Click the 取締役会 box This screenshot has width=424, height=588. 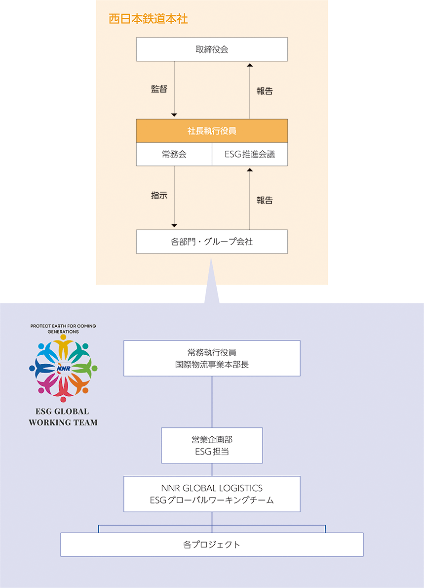pos(212,49)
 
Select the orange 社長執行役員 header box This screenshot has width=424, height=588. pos(212,131)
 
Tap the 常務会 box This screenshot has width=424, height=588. pos(174,154)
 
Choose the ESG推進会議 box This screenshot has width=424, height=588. pos(250,154)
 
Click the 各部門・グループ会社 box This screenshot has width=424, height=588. pos(212,242)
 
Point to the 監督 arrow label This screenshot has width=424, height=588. pos(159,89)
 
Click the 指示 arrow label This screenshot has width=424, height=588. pos(159,195)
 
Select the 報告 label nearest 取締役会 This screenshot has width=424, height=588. pos(265,91)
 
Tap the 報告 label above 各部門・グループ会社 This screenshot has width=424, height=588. pos(265,200)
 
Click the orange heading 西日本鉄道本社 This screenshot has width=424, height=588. pos(148,19)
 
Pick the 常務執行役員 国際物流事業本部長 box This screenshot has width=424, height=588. pos(212,358)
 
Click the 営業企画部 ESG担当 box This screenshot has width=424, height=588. pos(212,445)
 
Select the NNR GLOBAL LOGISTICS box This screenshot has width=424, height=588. pos(212,494)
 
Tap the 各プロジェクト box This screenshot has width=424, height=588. pos(212,545)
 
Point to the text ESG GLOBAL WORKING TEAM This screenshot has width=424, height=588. pos(63,417)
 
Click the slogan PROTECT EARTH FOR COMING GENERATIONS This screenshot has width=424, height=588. pos(63,329)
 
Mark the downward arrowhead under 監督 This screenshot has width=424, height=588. pos(174,115)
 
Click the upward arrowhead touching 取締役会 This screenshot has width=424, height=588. pos(250,65)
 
